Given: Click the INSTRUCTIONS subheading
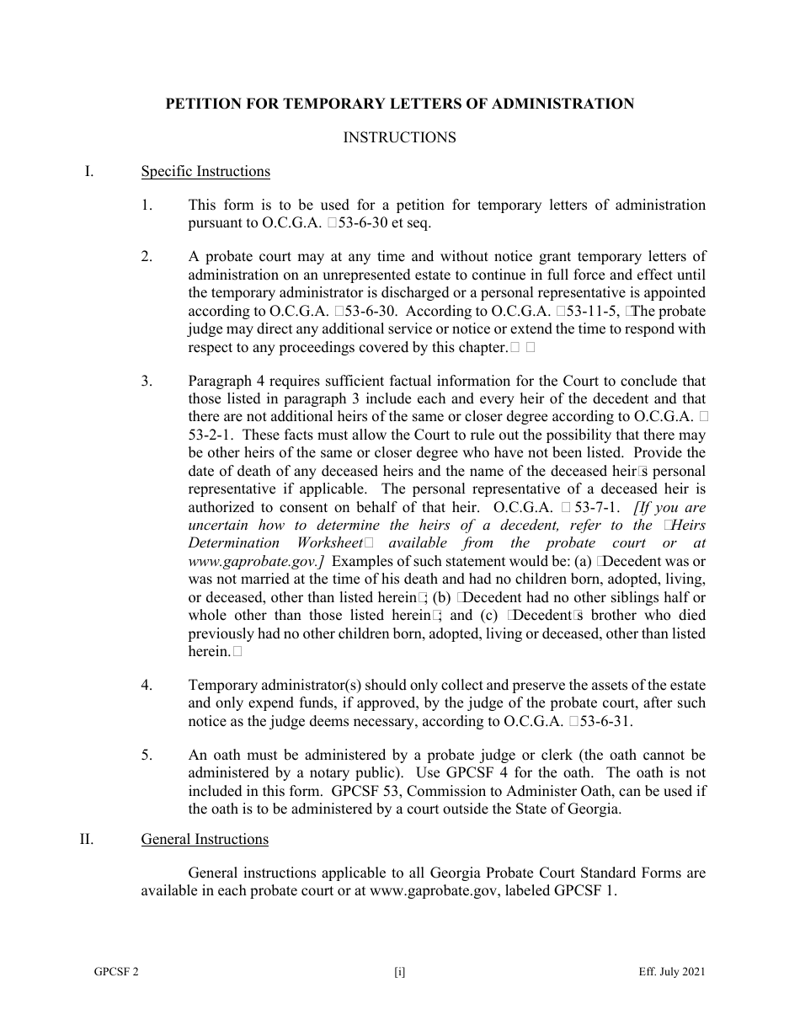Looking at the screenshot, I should tap(399, 137).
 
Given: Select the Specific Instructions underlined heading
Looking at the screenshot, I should tap(205, 172).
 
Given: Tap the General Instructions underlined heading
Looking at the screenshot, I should tap(205, 839).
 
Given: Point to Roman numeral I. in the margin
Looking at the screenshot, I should tap(88, 172).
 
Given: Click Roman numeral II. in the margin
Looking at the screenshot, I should tap(90, 839).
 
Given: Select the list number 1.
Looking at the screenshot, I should tap(147, 205).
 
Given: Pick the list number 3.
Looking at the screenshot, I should tap(147, 382).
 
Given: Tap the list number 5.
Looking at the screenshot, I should tap(147, 756).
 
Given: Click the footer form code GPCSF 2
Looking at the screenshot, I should tap(116, 972).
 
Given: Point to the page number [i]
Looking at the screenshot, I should tap(399, 972).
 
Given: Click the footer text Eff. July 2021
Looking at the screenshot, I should tap(671, 972).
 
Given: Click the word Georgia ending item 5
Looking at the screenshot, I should tap(596, 809).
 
